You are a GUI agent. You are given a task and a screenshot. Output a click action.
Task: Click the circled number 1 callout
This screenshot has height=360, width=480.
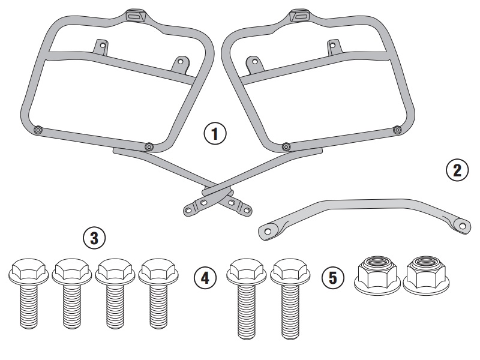(215, 134)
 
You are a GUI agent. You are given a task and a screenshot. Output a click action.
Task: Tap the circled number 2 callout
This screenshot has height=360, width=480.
(457, 170)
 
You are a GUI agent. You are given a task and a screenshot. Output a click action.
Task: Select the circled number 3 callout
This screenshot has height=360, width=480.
(94, 238)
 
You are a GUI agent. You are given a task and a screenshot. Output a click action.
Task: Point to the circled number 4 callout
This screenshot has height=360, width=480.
(205, 278)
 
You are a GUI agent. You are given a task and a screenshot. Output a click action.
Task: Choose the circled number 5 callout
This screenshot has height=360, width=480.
(333, 278)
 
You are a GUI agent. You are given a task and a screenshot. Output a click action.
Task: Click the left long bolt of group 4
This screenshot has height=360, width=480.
(247, 299)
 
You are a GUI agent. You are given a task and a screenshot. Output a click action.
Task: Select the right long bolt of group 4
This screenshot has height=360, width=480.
(290, 299)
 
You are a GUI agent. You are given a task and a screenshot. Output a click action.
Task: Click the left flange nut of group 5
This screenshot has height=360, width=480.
(377, 275)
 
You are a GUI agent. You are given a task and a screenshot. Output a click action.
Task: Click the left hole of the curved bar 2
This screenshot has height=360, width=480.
(268, 231)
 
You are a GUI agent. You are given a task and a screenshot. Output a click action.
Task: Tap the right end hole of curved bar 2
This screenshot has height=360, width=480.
(463, 226)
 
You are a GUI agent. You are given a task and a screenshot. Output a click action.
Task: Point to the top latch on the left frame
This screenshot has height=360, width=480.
(137, 16)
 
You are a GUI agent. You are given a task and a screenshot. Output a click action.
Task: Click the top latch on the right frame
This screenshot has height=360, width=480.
(300, 16)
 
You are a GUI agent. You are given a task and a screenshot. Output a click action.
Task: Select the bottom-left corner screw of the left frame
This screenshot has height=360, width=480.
(38, 130)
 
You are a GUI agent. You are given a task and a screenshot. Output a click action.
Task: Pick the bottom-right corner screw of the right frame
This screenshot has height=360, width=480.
(397, 130)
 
